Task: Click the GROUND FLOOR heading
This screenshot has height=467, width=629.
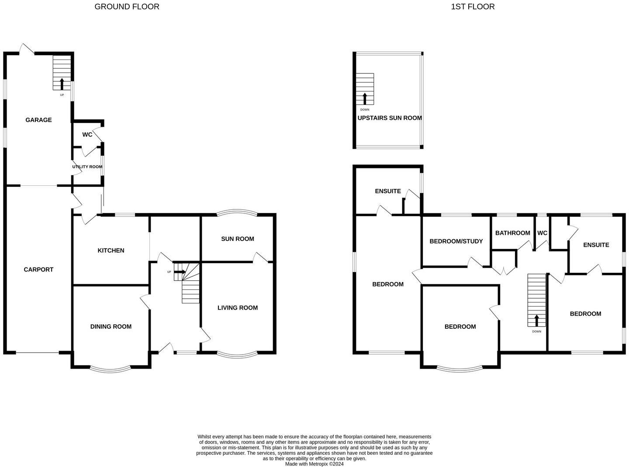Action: pos(127,7)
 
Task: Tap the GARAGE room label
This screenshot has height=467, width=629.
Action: pos(38,120)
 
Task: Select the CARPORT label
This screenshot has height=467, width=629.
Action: pos(38,269)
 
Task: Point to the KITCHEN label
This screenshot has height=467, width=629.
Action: pos(111,251)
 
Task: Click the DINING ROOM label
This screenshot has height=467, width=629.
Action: pos(111,327)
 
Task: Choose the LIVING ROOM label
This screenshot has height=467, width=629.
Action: pos(238,308)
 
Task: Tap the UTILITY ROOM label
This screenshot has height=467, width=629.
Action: pos(87,167)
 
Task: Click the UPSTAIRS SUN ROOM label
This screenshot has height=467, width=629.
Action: pos(390,118)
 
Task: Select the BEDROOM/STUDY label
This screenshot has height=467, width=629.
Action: pos(456,241)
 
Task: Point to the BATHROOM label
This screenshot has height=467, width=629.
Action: pos(512,233)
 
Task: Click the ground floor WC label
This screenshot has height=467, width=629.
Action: pos(87,135)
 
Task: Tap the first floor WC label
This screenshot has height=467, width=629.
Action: pos(542,233)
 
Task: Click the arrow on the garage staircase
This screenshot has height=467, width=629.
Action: pos(62,84)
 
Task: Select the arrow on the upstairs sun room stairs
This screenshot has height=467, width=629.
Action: pos(365,98)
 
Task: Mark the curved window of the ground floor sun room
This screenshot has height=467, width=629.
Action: pos(237,213)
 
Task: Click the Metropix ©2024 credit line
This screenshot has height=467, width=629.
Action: pos(314,464)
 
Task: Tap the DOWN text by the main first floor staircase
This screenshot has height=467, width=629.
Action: pos(536,331)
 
